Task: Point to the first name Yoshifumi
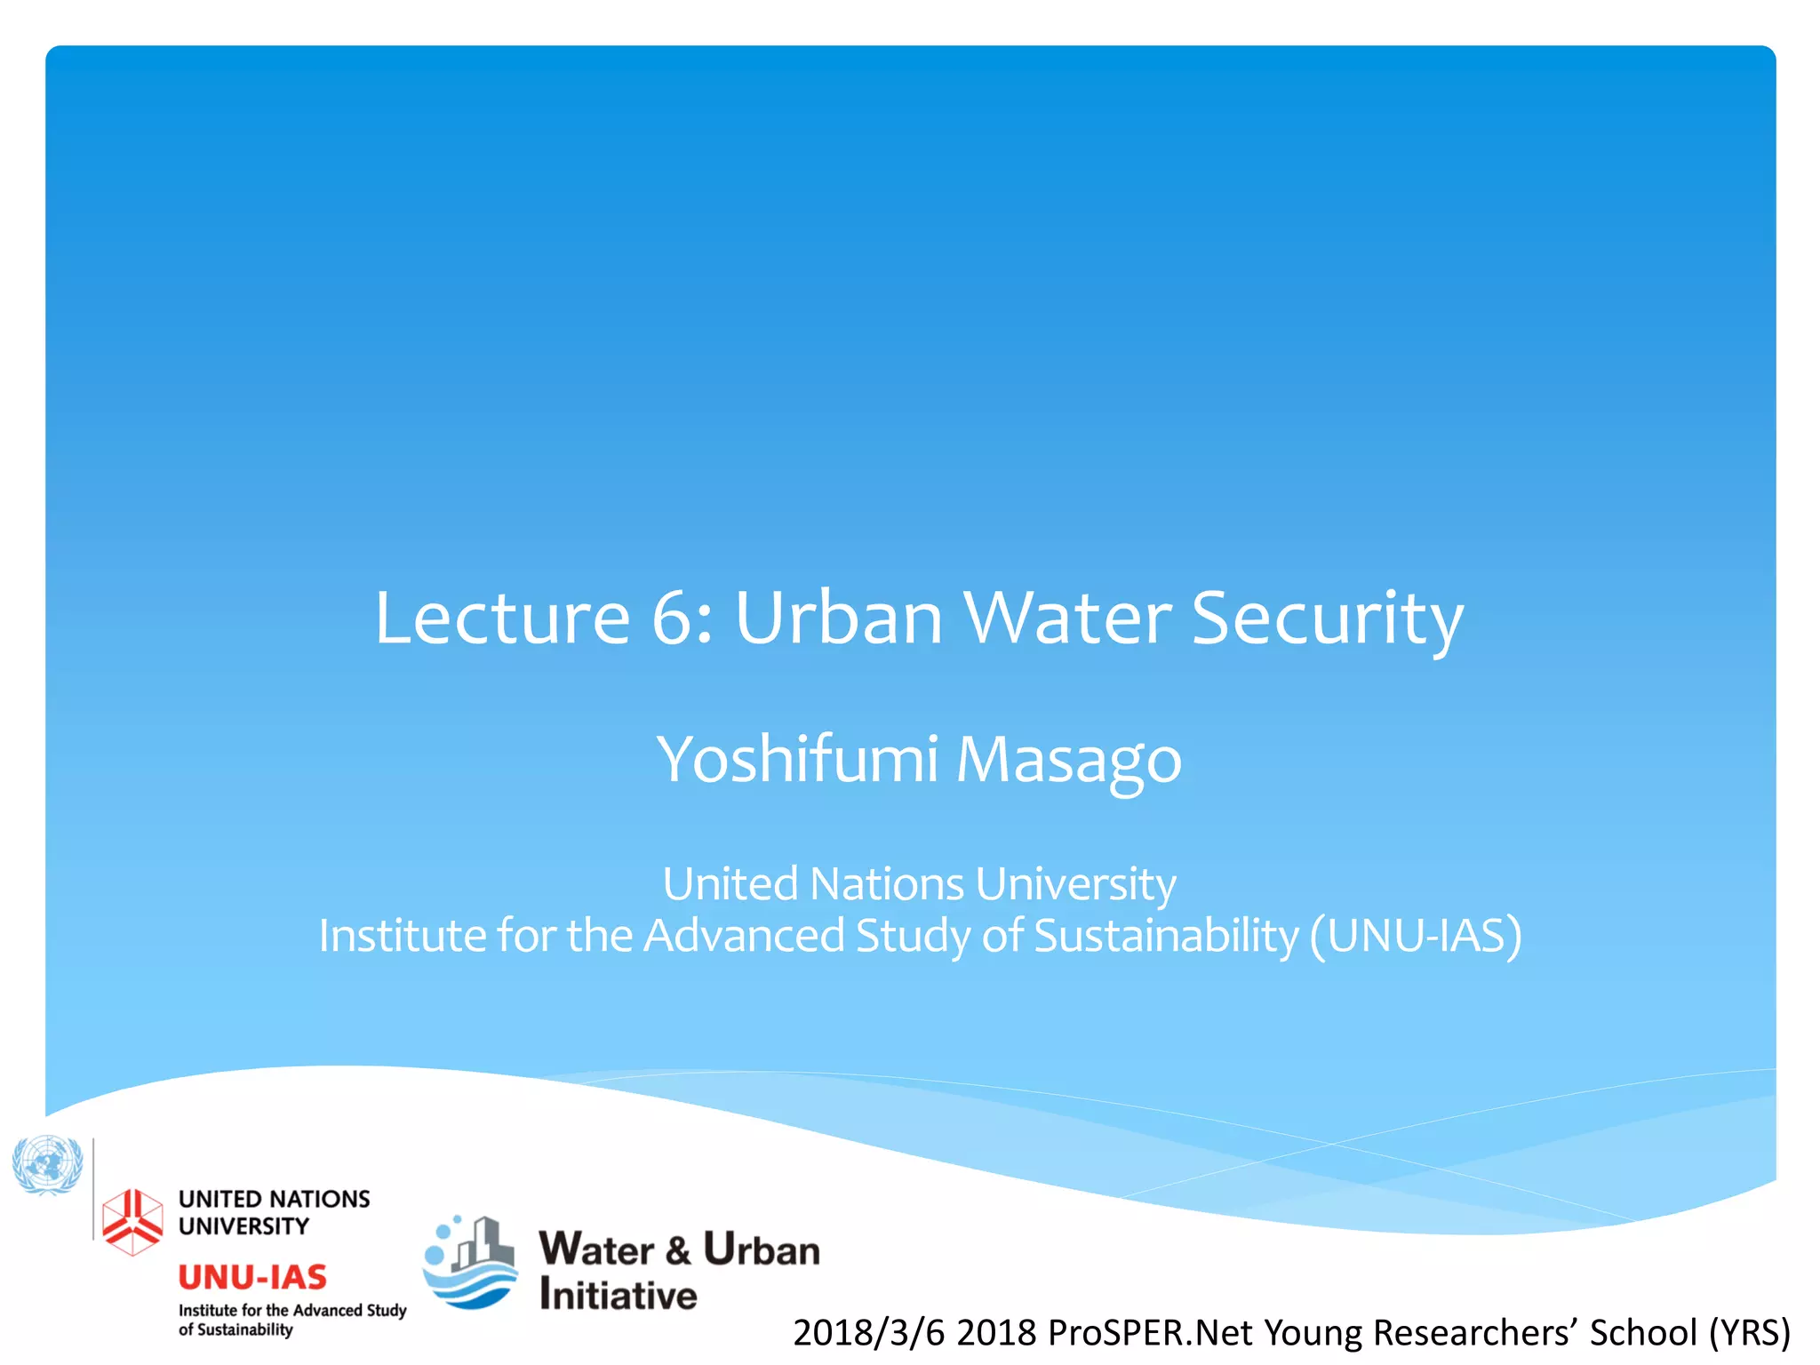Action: [797, 760]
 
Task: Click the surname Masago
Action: [1068, 762]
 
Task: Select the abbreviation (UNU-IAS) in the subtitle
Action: [1416, 935]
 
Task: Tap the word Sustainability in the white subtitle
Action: [1166, 936]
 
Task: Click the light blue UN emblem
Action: [47, 1164]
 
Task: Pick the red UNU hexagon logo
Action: [132, 1221]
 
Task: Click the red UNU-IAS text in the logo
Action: [252, 1277]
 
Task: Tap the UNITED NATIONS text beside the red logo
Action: [274, 1199]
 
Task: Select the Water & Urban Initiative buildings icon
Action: [470, 1262]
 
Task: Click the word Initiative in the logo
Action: [618, 1295]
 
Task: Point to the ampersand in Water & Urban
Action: [678, 1250]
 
